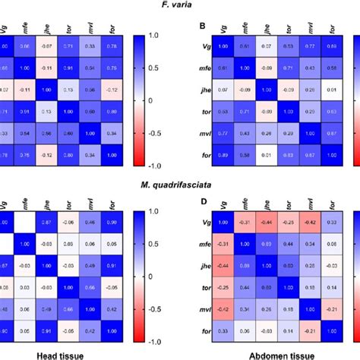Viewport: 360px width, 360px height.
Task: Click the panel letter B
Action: point(201,26)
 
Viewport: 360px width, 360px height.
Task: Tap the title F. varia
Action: point(181,6)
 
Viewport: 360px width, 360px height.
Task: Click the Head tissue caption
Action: point(76,352)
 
